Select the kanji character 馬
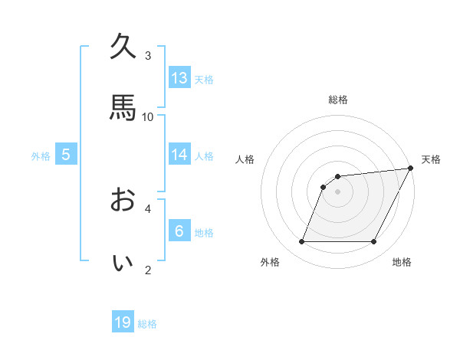(123, 108)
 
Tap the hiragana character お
(123, 200)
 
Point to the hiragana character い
(123, 262)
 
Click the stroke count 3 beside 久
(148, 55)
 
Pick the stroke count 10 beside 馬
(148, 116)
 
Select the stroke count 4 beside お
(148, 208)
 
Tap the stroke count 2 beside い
(148, 270)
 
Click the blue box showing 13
(179, 77)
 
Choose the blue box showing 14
(179, 155)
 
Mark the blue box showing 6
(179, 231)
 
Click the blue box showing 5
(66, 155)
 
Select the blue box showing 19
(123, 322)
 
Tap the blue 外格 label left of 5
(41, 156)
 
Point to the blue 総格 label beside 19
(147, 324)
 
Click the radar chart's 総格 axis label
(338, 100)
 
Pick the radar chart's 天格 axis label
(431, 159)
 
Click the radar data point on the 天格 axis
(411, 169)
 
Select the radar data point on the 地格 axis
(374, 242)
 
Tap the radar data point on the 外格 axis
(301, 242)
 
